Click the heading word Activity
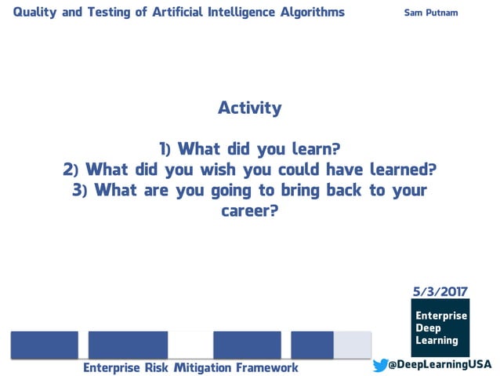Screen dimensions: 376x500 click(249, 108)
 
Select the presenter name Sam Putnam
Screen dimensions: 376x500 click(430, 13)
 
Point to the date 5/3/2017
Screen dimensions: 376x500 click(440, 291)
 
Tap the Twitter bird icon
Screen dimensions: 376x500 click(381, 365)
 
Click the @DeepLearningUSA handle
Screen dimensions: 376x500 click(440, 365)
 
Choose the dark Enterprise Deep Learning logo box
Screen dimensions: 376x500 click(440, 328)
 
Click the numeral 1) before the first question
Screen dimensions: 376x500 click(165, 149)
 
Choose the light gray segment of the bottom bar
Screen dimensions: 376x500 click(353, 345)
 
